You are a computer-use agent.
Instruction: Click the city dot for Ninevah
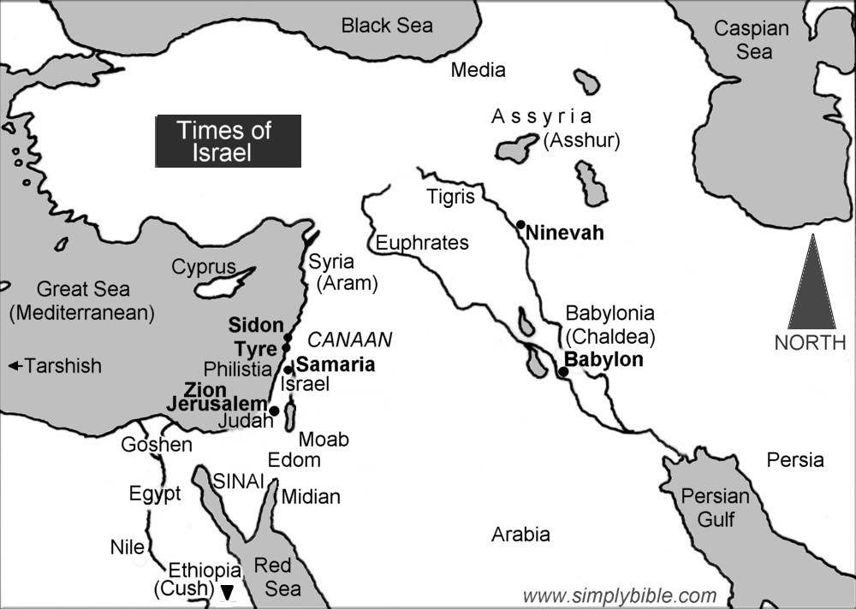[520, 225]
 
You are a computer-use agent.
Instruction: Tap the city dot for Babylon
[562, 372]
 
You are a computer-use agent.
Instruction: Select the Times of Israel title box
[228, 141]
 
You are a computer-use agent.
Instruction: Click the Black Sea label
[387, 26]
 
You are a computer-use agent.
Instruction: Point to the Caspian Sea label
[751, 40]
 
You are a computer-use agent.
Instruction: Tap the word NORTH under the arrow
[811, 343]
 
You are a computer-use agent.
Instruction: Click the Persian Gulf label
[715, 507]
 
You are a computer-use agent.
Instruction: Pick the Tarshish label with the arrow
[55, 366]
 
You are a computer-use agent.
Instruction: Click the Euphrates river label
[422, 243]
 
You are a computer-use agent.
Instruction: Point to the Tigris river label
[449, 198]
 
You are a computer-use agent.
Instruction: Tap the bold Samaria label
[335, 364]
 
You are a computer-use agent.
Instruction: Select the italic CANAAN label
[349, 340]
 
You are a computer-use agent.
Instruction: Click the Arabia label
[520, 535]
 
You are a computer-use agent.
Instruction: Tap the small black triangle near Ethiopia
[227, 591]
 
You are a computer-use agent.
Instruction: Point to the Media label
[478, 70]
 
